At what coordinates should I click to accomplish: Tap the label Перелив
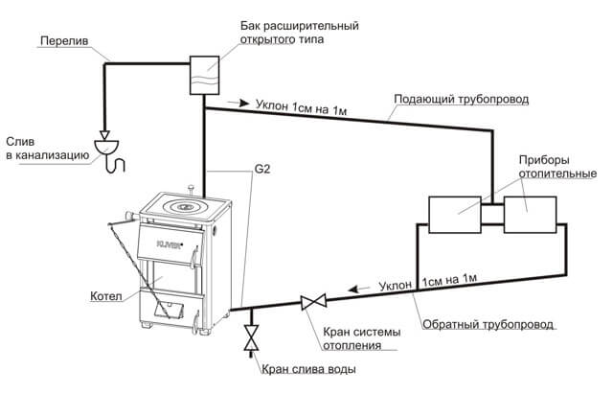(x=60, y=42)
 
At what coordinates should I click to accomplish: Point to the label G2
(x=264, y=171)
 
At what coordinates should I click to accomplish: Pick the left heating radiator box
(x=454, y=214)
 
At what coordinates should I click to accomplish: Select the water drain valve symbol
(x=251, y=336)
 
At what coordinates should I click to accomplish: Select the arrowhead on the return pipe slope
(x=352, y=287)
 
